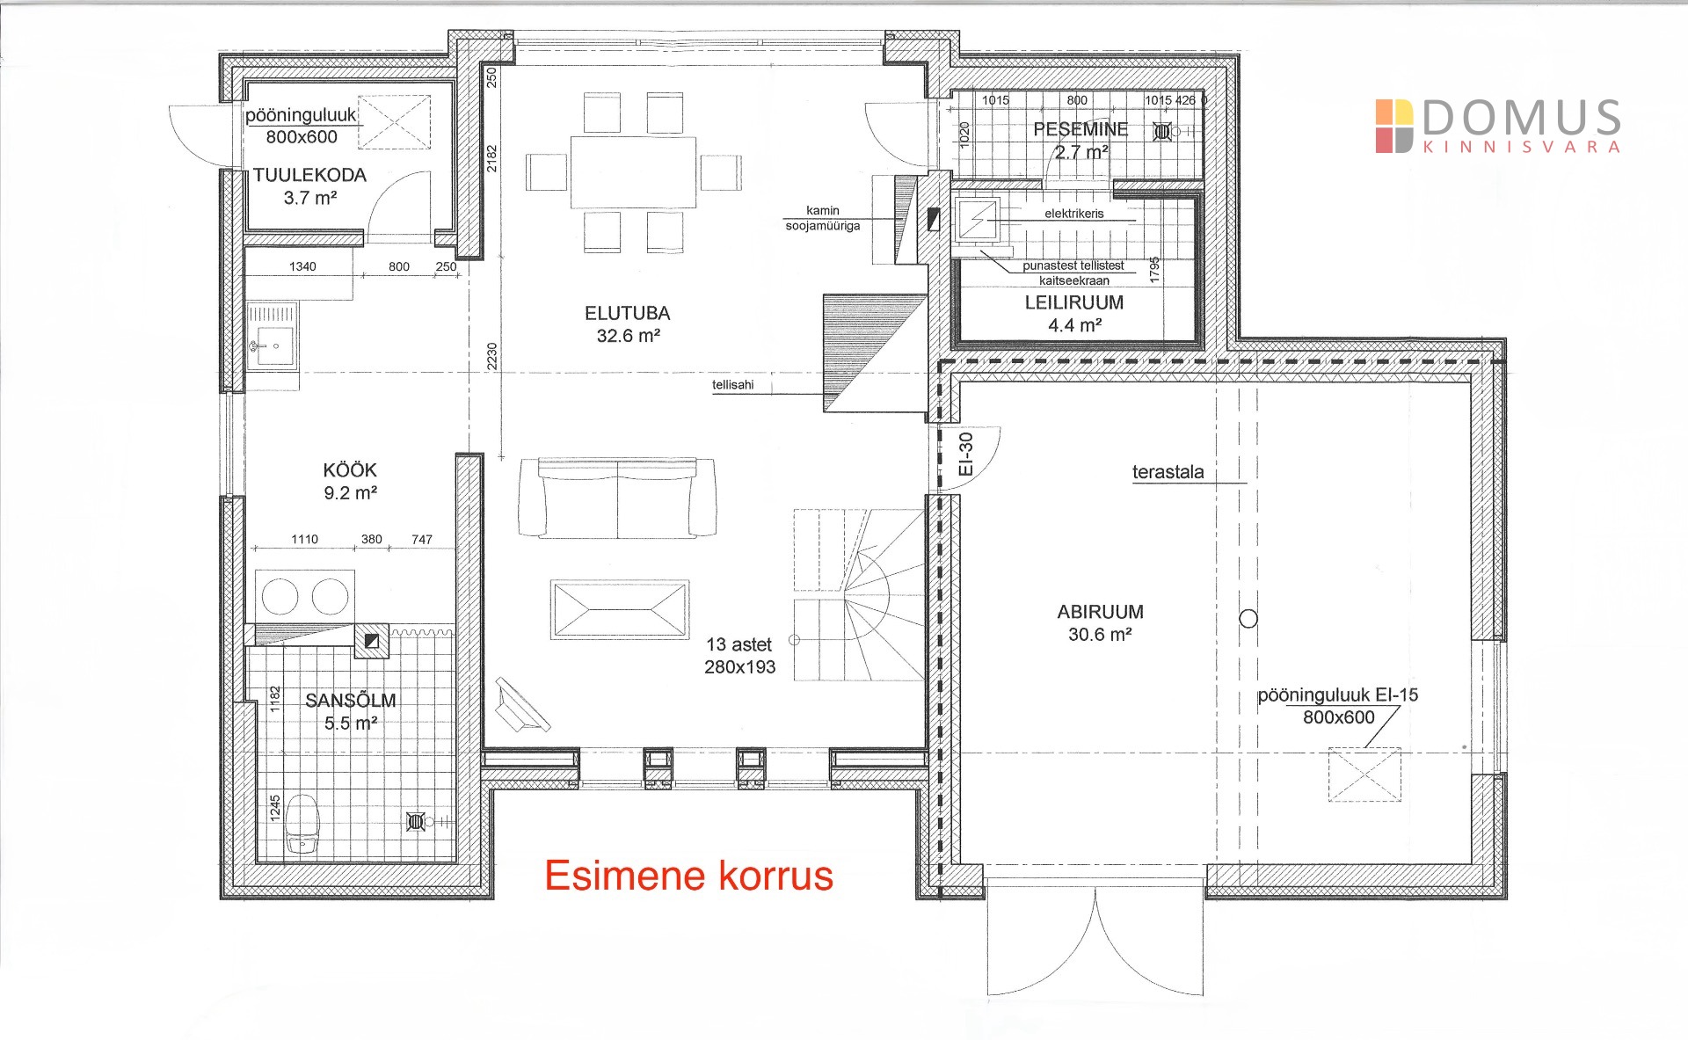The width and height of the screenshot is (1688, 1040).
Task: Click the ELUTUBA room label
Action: (627, 313)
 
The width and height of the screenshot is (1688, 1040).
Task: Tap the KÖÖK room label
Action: (350, 470)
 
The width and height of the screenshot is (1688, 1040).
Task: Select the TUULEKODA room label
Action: (309, 175)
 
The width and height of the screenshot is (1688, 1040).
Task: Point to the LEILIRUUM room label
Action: (1073, 302)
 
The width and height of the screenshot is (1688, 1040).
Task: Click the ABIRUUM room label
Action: (1100, 612)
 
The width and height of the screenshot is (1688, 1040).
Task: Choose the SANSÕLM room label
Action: (350, 701)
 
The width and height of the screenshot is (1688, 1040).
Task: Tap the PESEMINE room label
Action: (1080, 129)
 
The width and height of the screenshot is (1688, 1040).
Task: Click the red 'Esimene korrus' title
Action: (688, 876)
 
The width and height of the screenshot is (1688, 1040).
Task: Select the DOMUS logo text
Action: (1521, 118)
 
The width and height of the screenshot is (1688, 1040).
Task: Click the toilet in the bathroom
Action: (302, 824)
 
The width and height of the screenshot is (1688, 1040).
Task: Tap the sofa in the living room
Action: (617, 498)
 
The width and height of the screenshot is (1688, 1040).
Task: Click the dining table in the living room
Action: (633, 171)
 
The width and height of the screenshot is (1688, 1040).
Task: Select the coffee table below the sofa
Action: (620, 608)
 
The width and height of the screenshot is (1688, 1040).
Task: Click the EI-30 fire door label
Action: (965, 455)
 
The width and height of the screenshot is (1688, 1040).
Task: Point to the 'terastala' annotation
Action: (1168, 472)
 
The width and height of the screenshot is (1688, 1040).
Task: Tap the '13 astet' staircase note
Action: (738, 644)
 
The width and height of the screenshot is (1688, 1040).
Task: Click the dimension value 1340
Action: (302, 266)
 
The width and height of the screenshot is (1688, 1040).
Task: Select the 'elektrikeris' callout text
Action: (1074, 214)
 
